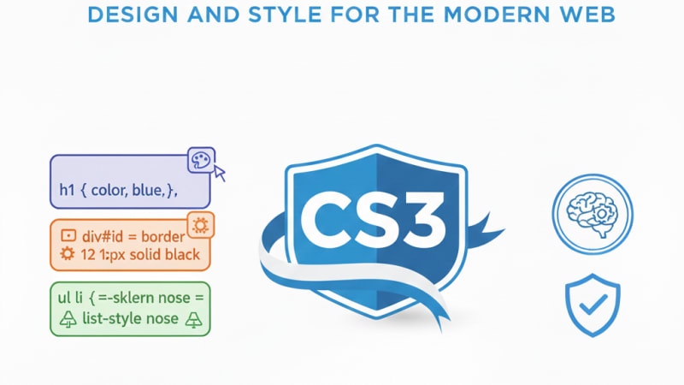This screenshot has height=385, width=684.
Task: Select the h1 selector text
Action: pyautogui.click(x=68, y=192)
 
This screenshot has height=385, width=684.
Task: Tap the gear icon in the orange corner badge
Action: pyautogui.click(x=201, y=225)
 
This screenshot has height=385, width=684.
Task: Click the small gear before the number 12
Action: pyautogui.click(x=68, y=254)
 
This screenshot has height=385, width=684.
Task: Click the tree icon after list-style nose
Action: pyautogui.click(x=194, y=319)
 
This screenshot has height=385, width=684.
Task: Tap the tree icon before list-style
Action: pyautogui.click(x=68, y=319)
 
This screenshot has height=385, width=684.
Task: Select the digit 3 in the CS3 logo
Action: pyautogui.click(x=420, y=225)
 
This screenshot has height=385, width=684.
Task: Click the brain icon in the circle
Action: pyautogui.click(x=593, y=212)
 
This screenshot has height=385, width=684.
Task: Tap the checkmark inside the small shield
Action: pyautogui.click(x=593, y=302)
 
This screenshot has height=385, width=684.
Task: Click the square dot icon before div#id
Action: pyautogui.click(x=68, y=234)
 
